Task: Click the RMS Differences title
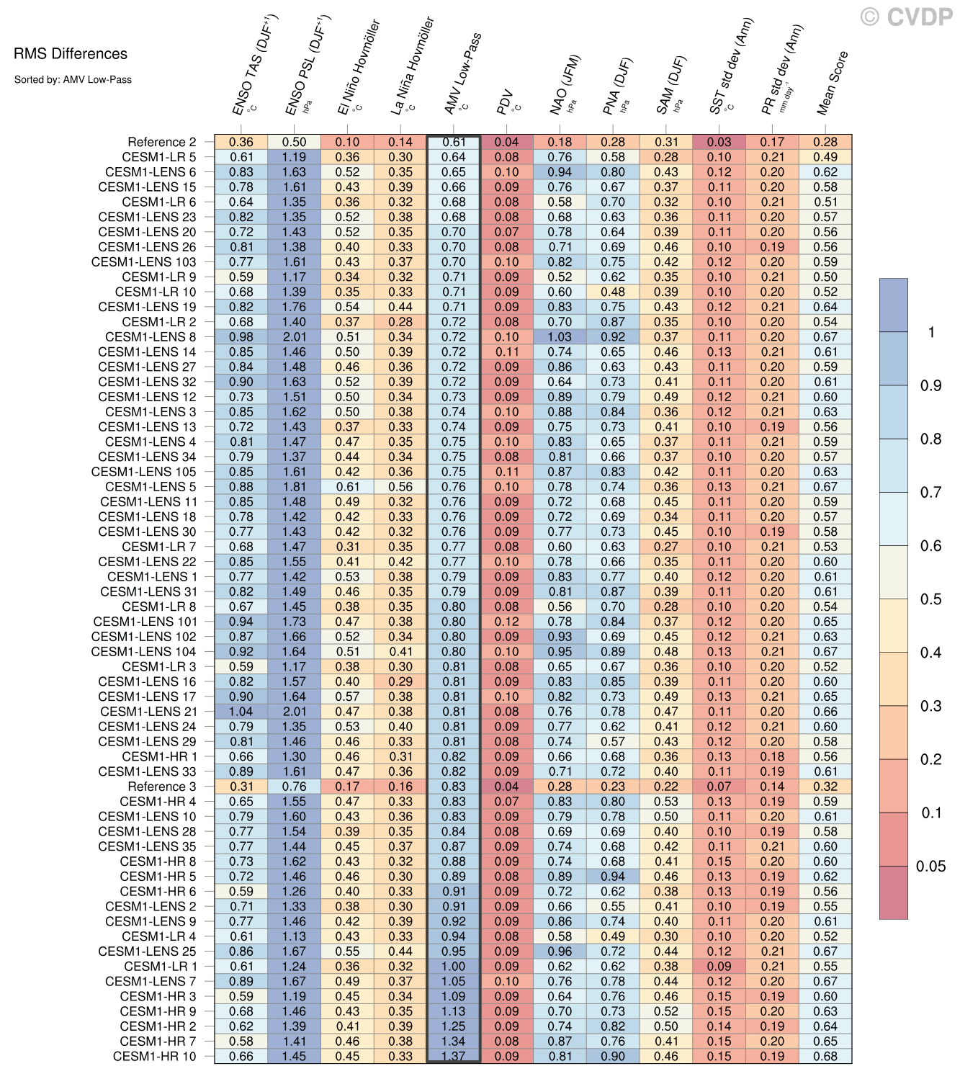pos(71,54)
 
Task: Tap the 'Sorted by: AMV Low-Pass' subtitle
pos(73,80)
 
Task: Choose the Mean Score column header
pos(833,84)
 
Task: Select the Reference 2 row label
pos(161,142)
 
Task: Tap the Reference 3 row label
pos(161,787)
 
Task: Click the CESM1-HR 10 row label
pos(154,1056)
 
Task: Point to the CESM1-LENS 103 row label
pos(143,262)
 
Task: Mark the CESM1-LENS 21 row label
pos(148,712)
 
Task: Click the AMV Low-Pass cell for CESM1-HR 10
pos(454,1056)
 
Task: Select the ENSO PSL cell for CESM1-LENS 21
pos(294,712)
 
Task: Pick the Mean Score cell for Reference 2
pos(825,142)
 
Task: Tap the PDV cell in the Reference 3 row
pos(507,787)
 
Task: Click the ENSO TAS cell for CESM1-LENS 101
pos(241,622)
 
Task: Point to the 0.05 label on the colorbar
pos(930,867)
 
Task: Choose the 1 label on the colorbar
pos(931,332)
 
